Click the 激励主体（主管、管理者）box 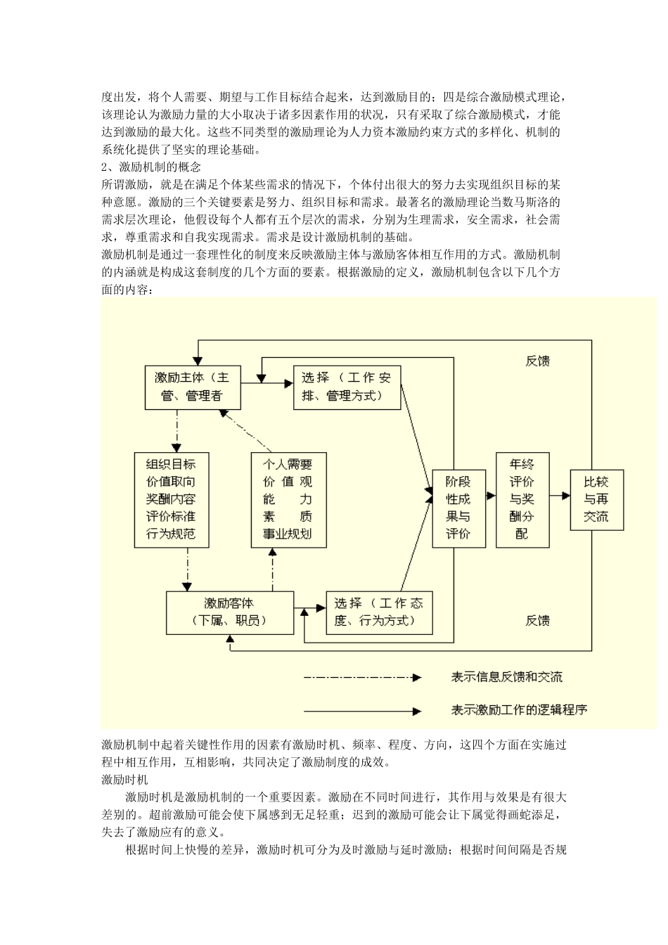[193, 387]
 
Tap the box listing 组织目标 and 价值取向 [170, 499]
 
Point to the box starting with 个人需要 [287, 499]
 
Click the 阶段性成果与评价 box [458, 507]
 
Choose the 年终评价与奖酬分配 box [522, 499]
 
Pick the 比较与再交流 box [596, 499]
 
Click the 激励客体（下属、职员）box [229, 612]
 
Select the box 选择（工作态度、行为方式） [379, 612]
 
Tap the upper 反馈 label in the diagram [537, 361]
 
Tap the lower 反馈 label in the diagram [537, 621]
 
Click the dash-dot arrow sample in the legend [361, 678]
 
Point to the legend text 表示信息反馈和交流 [506, 678]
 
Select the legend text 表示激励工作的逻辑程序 [519, 709]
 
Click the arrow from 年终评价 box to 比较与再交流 [560, 496]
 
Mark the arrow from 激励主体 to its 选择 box [266, 384]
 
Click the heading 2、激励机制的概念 [151, 167]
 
